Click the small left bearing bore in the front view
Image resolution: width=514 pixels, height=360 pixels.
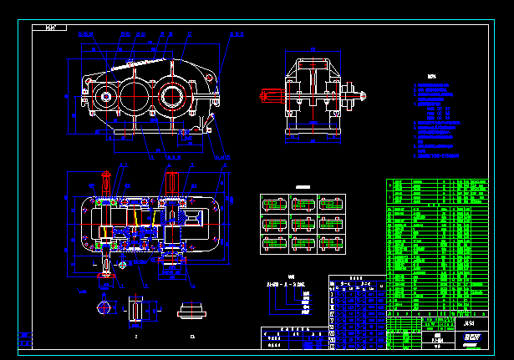106,97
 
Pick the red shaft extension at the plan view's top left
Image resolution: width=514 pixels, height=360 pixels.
105,180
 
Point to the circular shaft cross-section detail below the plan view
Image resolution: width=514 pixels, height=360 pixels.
104,307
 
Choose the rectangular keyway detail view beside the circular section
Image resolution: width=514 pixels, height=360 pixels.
136,308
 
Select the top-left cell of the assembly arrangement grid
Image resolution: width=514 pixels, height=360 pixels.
274,204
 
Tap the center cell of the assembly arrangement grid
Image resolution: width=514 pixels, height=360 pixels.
303,224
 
